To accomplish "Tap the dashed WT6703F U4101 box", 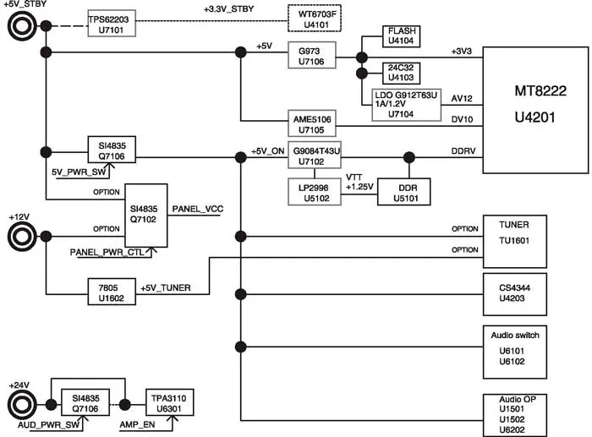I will (x=317, y=19).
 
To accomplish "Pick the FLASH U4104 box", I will (x=400, y=36).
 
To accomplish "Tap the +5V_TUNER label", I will (x=164, y=288).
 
